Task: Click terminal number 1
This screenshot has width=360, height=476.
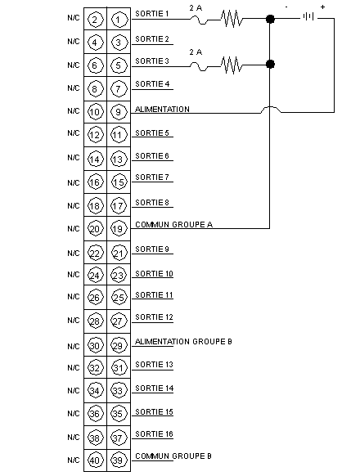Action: (119, 20)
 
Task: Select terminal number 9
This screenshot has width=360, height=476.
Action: (119, 112)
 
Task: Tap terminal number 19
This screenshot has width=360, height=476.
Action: (119, 228)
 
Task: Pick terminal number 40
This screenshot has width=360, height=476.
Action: (95, 460)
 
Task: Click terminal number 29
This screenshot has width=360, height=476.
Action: (119, 345)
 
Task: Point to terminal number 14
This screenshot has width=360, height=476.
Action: (95, 159)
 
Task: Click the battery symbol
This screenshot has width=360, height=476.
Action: (308, 16)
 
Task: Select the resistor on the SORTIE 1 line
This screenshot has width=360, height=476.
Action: (232, 19)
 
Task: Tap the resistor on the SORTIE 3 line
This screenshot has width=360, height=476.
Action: (232, 65)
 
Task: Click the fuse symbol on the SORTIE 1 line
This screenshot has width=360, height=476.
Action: (199, 20)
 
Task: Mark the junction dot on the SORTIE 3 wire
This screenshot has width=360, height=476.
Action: (270, 64)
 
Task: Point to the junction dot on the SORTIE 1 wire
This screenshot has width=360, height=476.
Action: (270, 19)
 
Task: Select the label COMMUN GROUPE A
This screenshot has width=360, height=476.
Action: (173, 225)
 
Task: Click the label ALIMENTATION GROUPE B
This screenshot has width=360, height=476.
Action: (183, 342)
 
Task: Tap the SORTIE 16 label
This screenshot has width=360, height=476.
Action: (154, 434)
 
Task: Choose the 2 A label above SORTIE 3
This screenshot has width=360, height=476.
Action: (196, 52)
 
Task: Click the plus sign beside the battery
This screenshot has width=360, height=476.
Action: (322, 7)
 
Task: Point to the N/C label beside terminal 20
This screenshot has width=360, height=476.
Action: (73, 228)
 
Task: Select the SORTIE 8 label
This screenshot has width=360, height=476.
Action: (152, 203)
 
